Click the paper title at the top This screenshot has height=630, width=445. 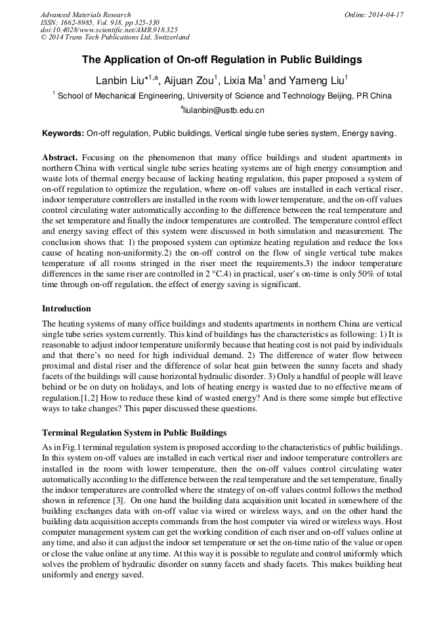click(222, 59)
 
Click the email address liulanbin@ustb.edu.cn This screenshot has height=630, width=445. click(222, 111)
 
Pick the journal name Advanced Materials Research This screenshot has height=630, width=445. click(85, 14)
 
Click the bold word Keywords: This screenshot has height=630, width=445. click(63, 133)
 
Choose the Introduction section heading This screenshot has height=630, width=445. click(66, 309)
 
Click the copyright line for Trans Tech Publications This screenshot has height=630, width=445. click(115, 38)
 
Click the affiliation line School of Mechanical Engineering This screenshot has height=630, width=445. click(222, 96)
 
